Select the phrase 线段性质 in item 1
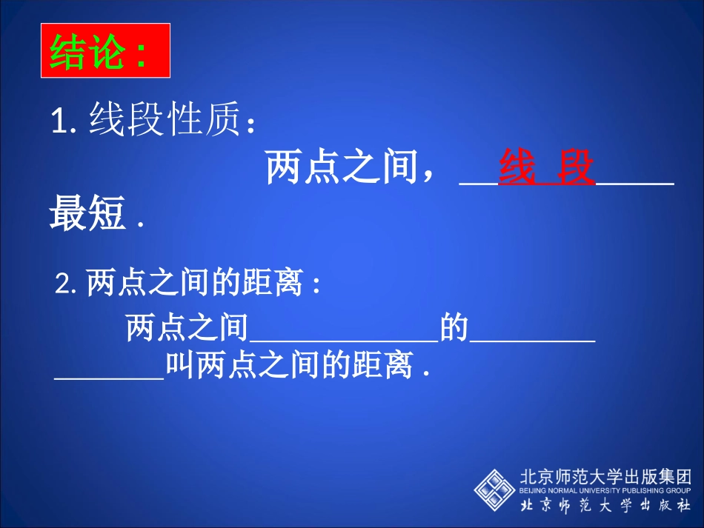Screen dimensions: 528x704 166,120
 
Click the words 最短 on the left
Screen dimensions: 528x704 87,215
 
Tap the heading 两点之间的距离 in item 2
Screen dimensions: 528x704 193,283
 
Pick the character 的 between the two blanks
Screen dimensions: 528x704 454,328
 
